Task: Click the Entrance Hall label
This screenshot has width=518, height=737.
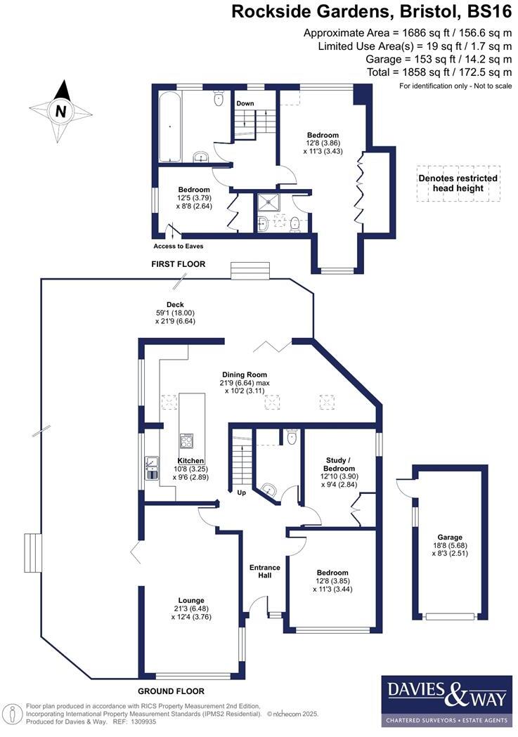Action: click(265, 571)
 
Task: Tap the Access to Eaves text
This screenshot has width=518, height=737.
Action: click(179, 246)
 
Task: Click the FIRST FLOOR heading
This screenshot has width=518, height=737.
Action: click(179, 264)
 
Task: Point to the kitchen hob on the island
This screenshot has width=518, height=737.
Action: click(188, 441)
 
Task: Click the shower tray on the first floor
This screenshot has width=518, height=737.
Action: click(271, 202)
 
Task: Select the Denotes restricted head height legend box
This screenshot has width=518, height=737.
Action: click(458, 183)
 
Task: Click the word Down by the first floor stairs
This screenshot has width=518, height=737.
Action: click(245, 104)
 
